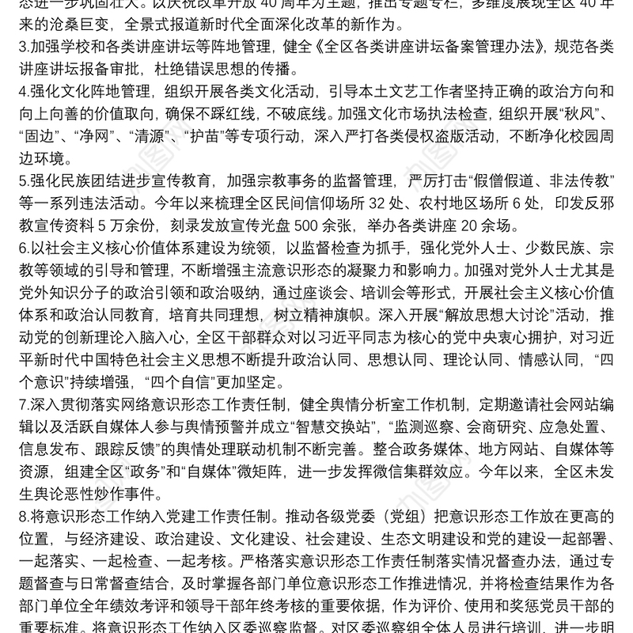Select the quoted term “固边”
(34, 148)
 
